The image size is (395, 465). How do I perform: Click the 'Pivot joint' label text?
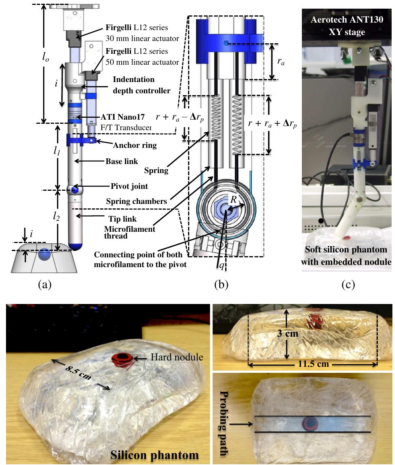[x=129, y=186]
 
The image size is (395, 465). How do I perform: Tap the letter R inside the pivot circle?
[x=233, y=200]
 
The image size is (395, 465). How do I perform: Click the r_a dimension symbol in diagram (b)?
[x=280, y=62]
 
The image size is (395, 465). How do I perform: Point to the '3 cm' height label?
[x=288, y=333]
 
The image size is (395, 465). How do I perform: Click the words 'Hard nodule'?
[x=177, y=357]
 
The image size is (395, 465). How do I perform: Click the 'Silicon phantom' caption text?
[x=154, y=455]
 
